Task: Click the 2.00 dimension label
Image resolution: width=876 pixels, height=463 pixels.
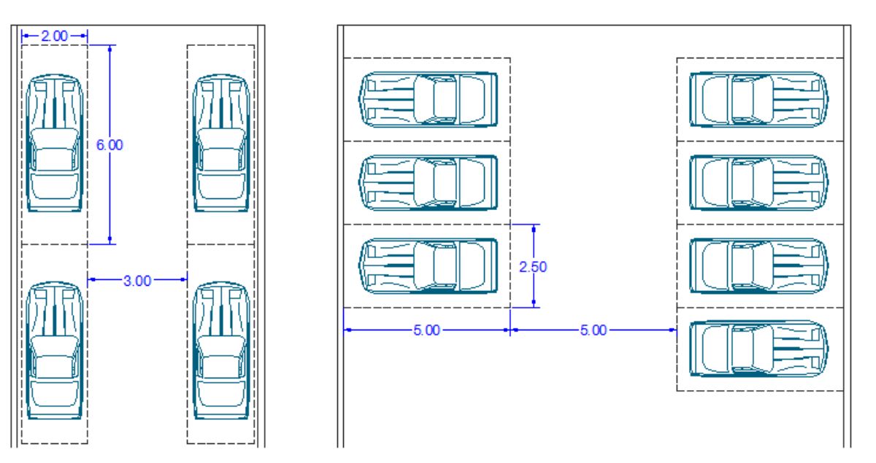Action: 54,36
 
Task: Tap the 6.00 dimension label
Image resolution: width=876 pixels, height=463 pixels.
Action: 110,145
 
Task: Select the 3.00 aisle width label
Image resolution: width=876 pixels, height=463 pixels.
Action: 137,281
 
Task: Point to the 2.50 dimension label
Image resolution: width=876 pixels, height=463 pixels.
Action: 533,267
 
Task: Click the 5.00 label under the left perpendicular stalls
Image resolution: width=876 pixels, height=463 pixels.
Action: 426,330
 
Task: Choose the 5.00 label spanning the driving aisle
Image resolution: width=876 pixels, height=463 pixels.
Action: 593,330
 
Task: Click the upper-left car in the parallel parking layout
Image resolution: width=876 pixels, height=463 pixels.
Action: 54,143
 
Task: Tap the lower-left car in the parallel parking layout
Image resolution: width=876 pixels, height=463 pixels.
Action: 54,351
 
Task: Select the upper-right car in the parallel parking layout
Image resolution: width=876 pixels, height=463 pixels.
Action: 221,143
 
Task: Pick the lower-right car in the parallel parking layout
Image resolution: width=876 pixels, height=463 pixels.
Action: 221,351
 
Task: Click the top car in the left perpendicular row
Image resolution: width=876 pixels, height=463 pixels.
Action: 429,99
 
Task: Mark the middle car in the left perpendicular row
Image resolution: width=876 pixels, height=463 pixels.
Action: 429,182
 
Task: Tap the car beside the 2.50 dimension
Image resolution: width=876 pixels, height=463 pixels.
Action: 429,265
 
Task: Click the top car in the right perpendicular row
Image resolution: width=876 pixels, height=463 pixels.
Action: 758,99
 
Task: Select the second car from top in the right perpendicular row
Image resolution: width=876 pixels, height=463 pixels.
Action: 758,182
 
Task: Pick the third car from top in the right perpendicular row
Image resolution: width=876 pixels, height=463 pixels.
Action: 758,265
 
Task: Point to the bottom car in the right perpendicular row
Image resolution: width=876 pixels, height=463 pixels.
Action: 758,349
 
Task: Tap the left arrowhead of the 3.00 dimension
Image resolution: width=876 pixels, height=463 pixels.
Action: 92,279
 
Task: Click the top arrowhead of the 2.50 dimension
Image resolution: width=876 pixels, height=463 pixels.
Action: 534,229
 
